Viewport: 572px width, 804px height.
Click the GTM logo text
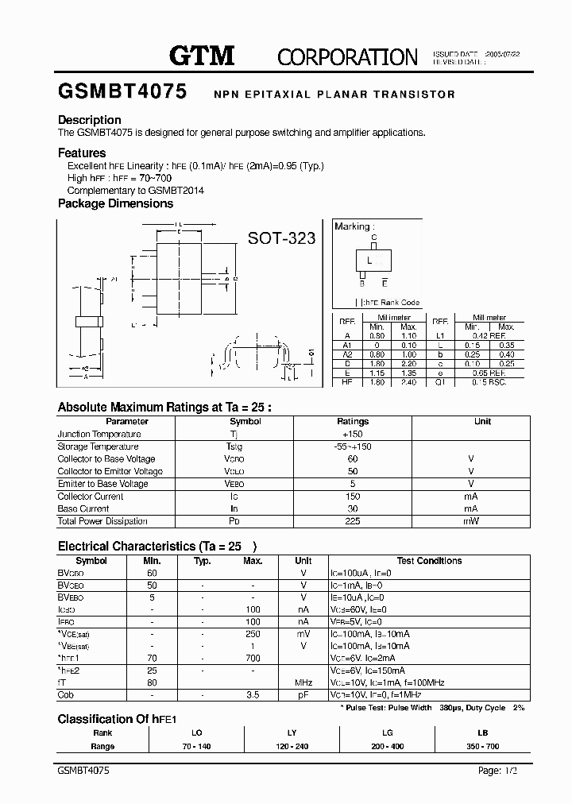[x=202, y=55]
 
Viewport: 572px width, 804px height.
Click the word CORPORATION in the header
[x=347, y=56]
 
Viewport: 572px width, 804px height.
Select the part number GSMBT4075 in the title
[x=122, y=92]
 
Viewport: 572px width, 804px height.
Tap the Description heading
[x=90, y=120]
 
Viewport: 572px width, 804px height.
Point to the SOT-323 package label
[x=281, y=238]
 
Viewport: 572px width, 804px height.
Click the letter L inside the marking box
[x=369, y=261]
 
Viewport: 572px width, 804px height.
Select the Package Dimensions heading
[x=115, y=203]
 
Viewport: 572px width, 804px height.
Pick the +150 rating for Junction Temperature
[x=352, y=434]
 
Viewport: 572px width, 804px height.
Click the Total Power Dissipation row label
[x=102, y=521]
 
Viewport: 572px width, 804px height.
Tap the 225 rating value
[x=353, y=521]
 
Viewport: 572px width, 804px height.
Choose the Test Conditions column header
[x=429, y=561]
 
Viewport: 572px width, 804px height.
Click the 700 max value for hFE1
[x=253, y=658]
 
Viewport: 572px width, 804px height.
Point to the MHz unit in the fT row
[x=303, y=682]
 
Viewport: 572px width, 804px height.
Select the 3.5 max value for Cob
[x=253, y=695]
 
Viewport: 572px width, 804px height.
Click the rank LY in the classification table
[x=292, y=732]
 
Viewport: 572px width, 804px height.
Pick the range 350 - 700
[x=481, y=746]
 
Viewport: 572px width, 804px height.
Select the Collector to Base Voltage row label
[x=106, y=458]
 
